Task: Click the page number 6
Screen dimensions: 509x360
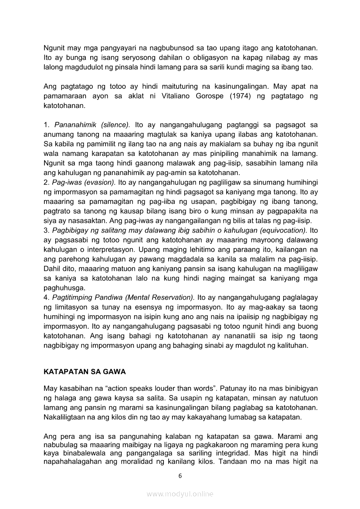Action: coord(180,475)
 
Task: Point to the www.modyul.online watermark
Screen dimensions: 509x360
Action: coord(180,494)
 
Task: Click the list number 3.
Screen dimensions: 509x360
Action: coord(46,230)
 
